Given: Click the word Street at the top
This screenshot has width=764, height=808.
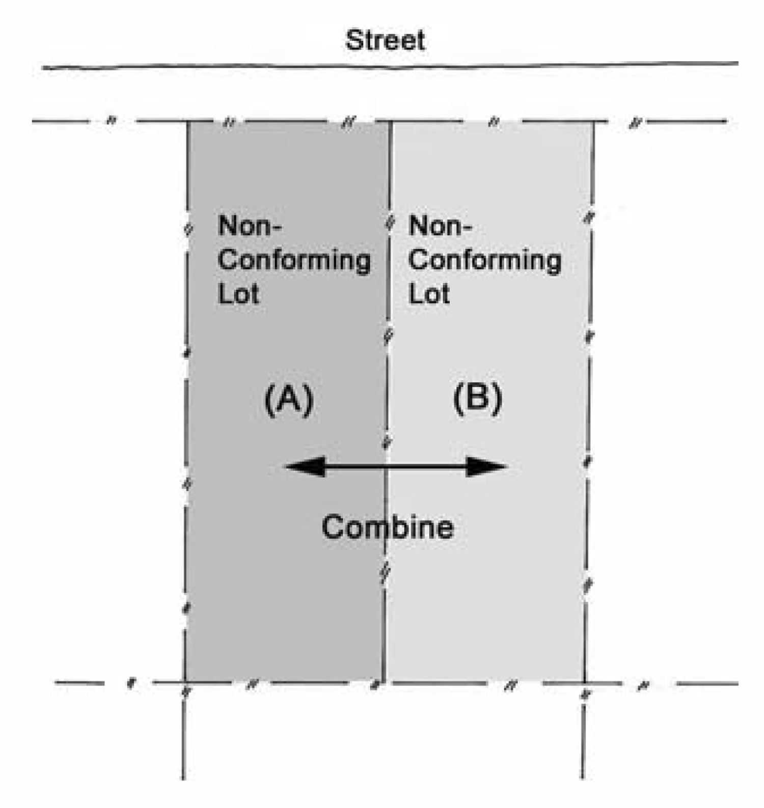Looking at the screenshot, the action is click(x=385, y=40).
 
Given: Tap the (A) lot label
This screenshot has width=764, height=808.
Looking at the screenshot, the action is click(x=289, y=400).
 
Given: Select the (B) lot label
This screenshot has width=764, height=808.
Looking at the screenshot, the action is click(x=478, y=398).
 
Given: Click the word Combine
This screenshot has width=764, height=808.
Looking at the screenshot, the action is click(x=388, y=527).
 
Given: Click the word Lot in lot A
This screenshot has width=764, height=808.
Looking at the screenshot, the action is click(x=238, y=294).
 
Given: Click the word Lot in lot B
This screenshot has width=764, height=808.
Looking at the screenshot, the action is click(x=429, y=294).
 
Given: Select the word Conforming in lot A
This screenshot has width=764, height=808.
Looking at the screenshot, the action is click(x=294, y=260).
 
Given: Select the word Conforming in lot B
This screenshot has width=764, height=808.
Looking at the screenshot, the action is click(x=484, y=260).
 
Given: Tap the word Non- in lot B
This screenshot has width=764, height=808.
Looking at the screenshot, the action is click(x=440, y=226).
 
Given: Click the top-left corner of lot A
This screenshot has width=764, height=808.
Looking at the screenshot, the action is click(x=188, y=122).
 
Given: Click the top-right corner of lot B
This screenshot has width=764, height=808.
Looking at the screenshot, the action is click(x=593, y=122).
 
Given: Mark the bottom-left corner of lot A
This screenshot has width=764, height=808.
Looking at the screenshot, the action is click(x=184, y=682).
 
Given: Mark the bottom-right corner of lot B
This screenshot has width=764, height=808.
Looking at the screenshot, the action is click(x=585, y=683).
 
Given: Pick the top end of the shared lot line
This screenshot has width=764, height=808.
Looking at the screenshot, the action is click(x=391, y=122).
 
